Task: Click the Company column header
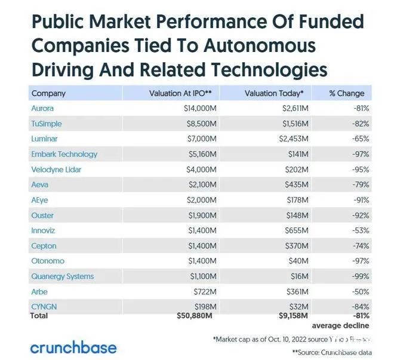point(48,93)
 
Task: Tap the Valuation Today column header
point(274,93)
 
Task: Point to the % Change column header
point(347,93)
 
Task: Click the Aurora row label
point(42,109)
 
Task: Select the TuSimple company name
point(47,124)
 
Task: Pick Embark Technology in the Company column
point(64,154)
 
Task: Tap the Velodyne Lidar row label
point(56,170)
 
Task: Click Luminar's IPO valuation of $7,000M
point(200,139)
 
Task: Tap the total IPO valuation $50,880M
point(197,315)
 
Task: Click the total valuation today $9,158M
point(291,315)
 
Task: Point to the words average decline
point(340,325)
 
